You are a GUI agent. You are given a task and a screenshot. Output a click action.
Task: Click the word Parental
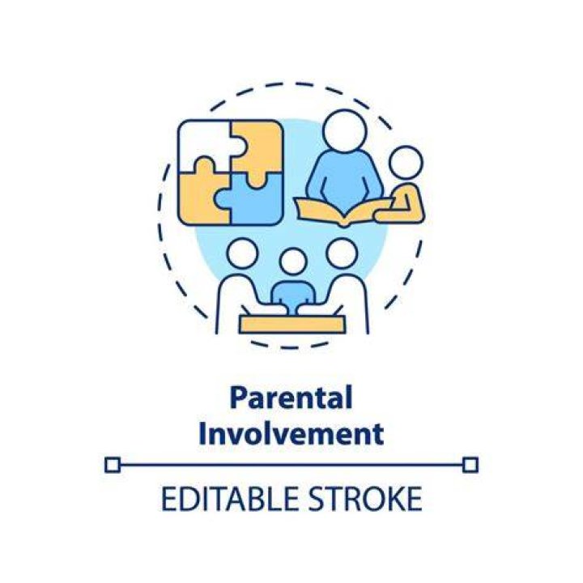click(x=291, y=398)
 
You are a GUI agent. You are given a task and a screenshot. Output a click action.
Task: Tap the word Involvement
click(x=291, y=433)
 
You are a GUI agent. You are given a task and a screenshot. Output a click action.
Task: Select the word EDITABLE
click(x=230, y=499)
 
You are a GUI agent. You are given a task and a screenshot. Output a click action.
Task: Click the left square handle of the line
click(x=113, y=465)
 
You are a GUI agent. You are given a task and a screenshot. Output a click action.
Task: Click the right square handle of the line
click(x=470, y=465)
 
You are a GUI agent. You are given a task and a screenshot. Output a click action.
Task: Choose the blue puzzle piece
click(x=253, y=199)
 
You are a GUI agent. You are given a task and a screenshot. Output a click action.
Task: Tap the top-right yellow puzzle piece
click(x=257, y=147)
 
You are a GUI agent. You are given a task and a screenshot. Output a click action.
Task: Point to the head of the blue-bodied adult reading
click(x=344, y=131)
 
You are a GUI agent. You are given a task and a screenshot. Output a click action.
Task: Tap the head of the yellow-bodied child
click(x=406, y=164)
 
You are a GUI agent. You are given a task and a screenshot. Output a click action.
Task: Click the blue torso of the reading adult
click(x=344, y=175)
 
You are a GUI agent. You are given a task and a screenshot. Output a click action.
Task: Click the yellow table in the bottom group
click(x=291, y=325)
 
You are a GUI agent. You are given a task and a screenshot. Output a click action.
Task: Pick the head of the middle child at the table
click(x=293, y=262)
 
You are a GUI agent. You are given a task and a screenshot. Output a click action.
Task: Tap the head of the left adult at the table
click(x=242, y=253)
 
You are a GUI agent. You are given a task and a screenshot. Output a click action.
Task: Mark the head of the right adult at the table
click(x=342, y=253)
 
